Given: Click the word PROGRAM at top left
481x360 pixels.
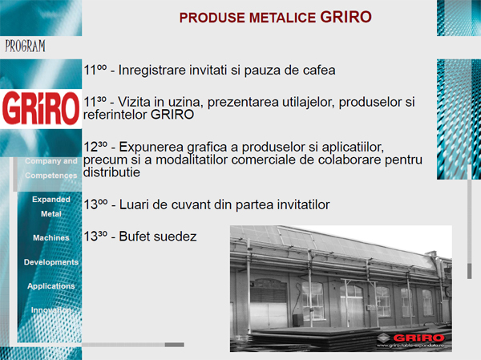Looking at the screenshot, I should pyautogui.click(x=25, y=45).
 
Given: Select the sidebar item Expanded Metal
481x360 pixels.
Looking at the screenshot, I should pyautogui.click(x=51, y=206).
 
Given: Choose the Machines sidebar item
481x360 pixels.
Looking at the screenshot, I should pyautogui.click(x=51, y=238).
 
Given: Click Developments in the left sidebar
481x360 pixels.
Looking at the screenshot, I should pyautogui.click(x=51, y=262).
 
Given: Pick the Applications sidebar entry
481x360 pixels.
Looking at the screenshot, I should pyautogui.click(x=51, y=286).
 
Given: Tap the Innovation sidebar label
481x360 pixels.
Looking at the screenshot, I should pyautogui.click(x=51, y=310).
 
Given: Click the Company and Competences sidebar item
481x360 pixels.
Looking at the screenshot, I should pyautogui.click(x=51, y=168).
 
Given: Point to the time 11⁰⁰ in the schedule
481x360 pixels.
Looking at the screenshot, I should pyautogui.click(x=95, y=70).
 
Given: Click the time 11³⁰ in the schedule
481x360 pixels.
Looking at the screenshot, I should pyautogui.click(x=95, y=102).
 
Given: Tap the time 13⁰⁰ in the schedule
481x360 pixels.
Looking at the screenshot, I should pyautogui.click(x=95, y=204).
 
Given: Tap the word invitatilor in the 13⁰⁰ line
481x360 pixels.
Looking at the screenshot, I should pyautogui.click(x=301, y=204).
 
